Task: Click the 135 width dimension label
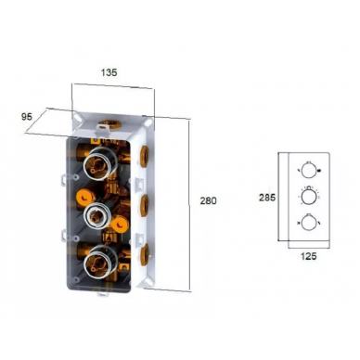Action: click(x=109, y=72)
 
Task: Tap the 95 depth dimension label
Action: click(x=26, y=117)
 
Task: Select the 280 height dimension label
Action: click(x=209, y=200)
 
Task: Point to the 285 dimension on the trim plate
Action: click(x=267, y=198)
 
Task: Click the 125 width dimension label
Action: click(x=308, y=256)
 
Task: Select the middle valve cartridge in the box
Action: click(x=96, y=215)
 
